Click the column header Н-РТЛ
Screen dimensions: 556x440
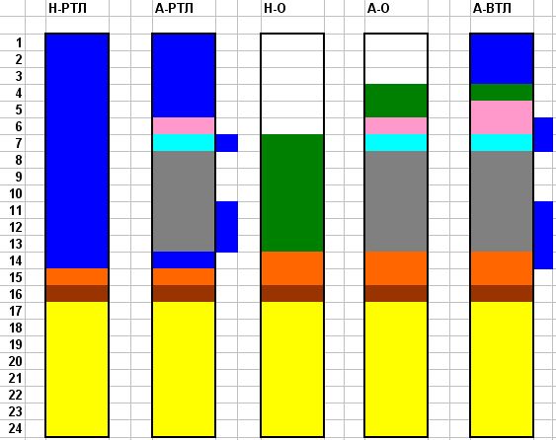(x=67, y=8)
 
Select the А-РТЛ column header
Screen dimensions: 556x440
(x=174, y=8)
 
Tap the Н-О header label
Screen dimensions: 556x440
(x=275, y=8)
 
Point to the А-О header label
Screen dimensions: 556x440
(x=378, y=8)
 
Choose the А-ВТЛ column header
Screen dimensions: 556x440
(x=492, y=8)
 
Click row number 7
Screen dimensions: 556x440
(x=19, y=143)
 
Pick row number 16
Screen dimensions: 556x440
(x=15, y=294)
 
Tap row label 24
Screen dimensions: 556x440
(x=15, y=428)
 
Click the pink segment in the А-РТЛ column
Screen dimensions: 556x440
(x=184, y=125)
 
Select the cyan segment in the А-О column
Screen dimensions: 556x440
(x=396, y=143)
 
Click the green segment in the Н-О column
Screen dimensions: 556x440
(x=292, y=193)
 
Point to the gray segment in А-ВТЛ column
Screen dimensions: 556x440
(x=502, y=201)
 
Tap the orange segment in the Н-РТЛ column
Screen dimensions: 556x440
(x=77, y=276)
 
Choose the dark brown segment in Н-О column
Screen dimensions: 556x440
(x=292, y=294)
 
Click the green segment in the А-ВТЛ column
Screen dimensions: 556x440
(x=502, y=93)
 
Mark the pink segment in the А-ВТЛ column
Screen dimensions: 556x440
(x=502, y=117)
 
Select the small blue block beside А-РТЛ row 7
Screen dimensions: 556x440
(x=227, y=143)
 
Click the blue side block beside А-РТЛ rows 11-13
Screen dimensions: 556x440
(x=227, y=227)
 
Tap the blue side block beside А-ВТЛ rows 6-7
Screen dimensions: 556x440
(x=543, y=134)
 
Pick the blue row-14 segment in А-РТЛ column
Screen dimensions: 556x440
(x=184, y=260)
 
